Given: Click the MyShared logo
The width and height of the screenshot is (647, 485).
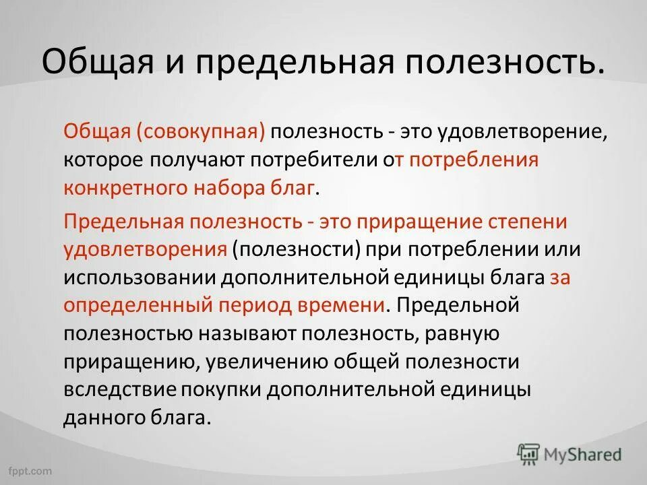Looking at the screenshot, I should click(x=569, y=453).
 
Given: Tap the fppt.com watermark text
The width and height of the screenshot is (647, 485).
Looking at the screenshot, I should click(x=30, y=469).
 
